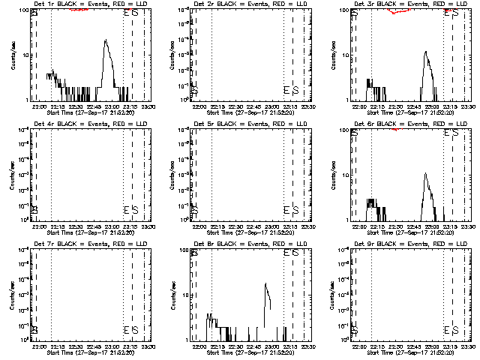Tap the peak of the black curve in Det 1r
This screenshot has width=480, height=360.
click(x=106, y=40)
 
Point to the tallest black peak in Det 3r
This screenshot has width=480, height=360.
click(x=425, y=52)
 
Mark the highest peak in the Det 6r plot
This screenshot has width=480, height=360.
click(x=425, y=174)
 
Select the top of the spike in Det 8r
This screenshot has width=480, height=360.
click(x=265, y=283)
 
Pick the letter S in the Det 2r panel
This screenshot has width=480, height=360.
click(x=295, y=89)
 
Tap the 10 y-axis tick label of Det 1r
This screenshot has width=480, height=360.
click(x=23, y=55)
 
